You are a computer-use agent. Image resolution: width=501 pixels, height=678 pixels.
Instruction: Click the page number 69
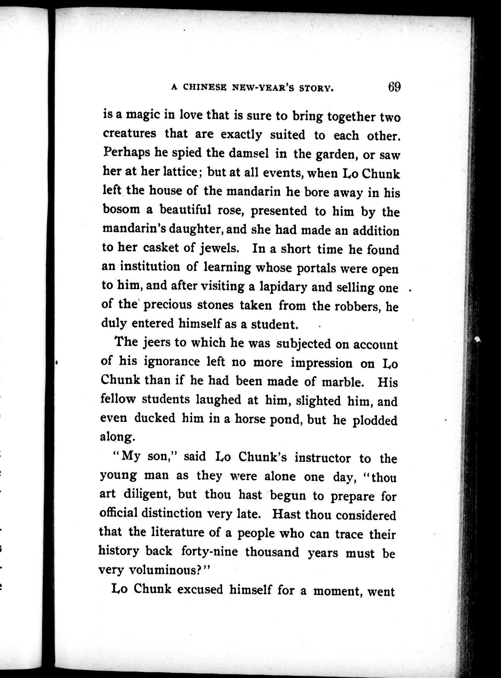394,87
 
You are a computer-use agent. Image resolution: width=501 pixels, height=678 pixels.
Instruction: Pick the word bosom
121,209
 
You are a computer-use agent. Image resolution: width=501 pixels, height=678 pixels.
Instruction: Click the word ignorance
172,361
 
